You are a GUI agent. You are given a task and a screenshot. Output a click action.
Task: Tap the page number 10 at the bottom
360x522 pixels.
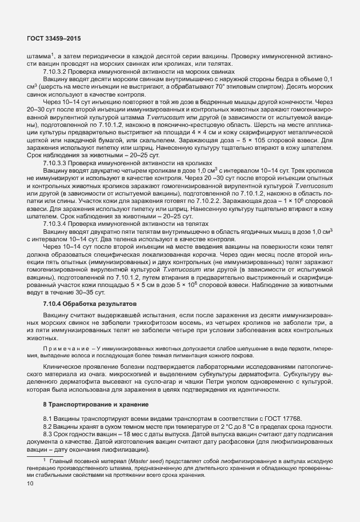(x=30, y=484)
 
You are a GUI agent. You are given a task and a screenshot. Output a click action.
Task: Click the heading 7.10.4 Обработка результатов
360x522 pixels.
(x=89, y=302)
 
